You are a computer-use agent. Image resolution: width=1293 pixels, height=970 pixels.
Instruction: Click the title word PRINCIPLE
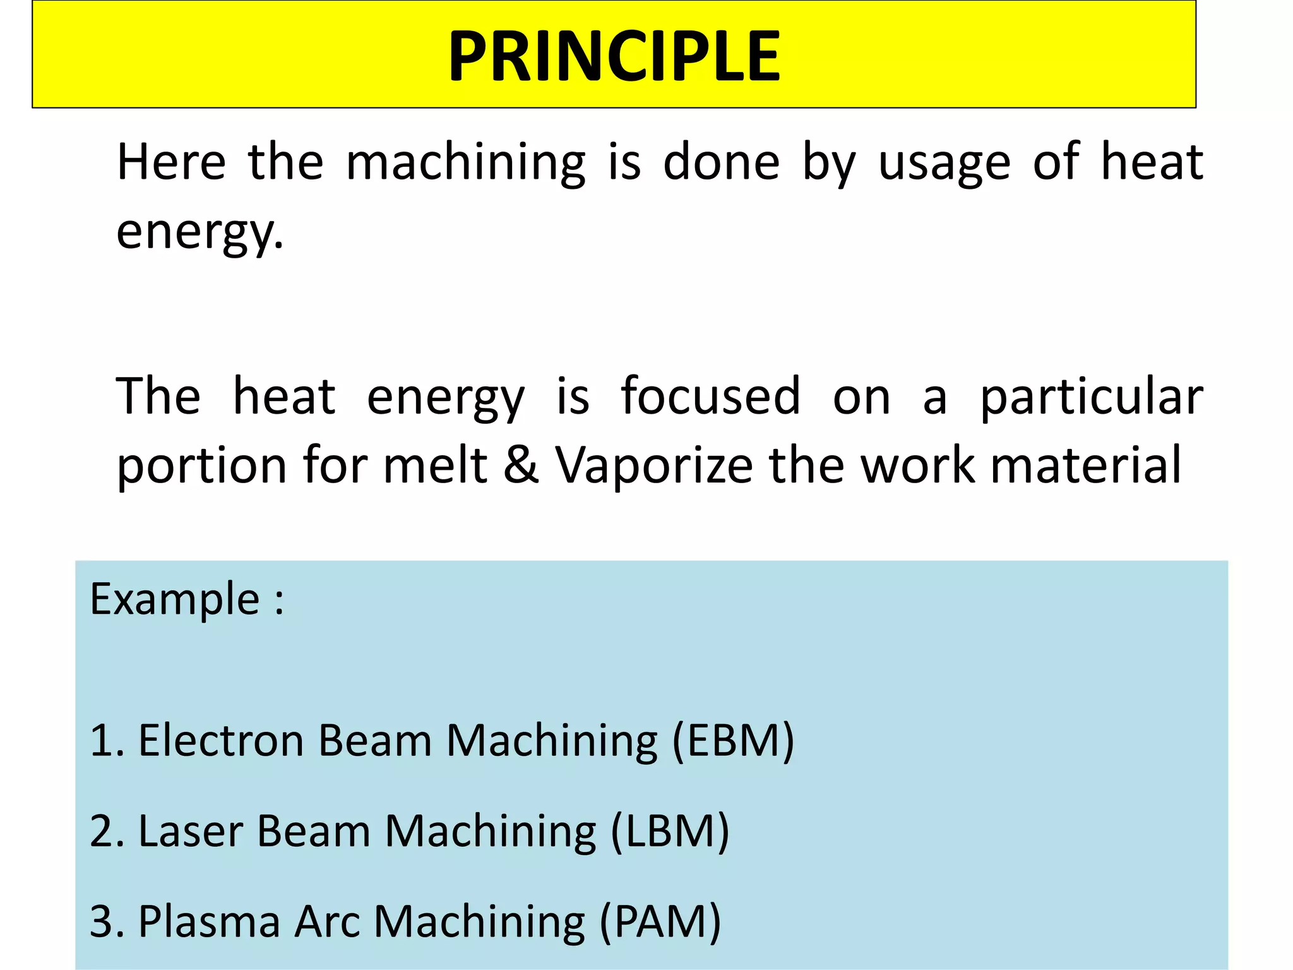[x=614, y=57]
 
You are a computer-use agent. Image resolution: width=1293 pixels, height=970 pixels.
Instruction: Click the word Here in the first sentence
[x=171, y=162]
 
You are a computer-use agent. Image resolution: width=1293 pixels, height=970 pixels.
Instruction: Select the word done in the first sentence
[x=721, y=162]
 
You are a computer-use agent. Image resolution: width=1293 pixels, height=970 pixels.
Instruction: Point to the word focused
[x=710, y=396]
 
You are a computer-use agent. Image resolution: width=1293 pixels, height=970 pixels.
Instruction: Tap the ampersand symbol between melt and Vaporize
[x=521, y=465]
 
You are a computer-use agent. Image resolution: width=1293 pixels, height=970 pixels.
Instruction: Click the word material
[x=1085, y=465]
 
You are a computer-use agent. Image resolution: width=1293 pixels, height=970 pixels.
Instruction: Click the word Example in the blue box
[x=175, y=599]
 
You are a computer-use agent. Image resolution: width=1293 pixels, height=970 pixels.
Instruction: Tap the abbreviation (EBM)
[x=732, y=740]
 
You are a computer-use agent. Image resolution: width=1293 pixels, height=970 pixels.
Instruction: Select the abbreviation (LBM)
[x=670, y=830]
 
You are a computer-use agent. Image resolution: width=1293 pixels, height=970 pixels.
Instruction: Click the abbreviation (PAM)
[x=660, y=921]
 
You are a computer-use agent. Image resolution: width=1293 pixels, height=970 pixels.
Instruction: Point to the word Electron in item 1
[x=221, y=740]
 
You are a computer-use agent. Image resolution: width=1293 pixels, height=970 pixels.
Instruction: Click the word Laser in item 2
[x=191, y=830]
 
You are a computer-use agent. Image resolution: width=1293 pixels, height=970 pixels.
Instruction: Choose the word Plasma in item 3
[x=209, y=921]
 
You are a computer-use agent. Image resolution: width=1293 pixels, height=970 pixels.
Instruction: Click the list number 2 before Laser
[x=101, y=831]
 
